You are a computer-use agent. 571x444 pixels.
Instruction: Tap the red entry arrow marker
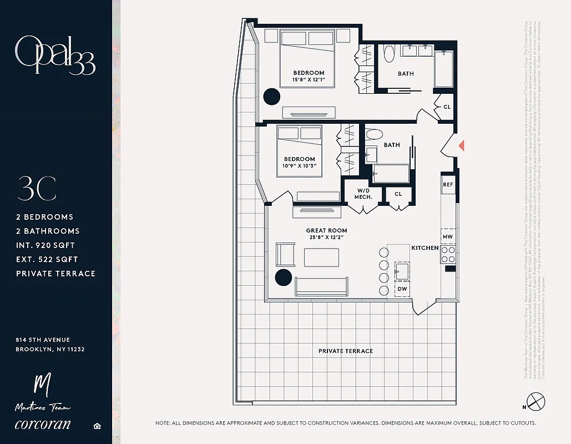point(461,145)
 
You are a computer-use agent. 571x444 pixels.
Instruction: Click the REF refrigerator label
point(448,184)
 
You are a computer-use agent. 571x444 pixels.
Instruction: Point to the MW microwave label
point(448,237)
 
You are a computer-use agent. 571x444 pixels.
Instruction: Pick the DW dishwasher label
point(402,289)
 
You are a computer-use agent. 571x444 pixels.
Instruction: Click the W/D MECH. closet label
point(363,194)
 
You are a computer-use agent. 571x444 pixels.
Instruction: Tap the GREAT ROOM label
point(326,230)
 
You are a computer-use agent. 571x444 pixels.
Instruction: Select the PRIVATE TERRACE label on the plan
point(345,351)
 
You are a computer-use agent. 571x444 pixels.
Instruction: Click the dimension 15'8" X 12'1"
point(309,80)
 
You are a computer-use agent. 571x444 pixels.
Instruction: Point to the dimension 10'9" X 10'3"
point(299,166)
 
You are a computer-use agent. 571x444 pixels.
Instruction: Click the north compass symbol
point(536,400)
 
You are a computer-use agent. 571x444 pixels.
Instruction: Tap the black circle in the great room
point(284,277)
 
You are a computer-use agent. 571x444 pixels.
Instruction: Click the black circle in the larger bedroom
point(271,97)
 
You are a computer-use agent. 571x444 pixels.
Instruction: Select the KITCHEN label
point(425,248)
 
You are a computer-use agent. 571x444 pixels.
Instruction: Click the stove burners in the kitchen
point(448,254)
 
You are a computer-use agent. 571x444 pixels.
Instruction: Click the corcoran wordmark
point(43,425)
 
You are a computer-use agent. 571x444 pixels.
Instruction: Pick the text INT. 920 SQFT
point(46,245)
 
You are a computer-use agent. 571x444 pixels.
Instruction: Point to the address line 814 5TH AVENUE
point(43,340)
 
